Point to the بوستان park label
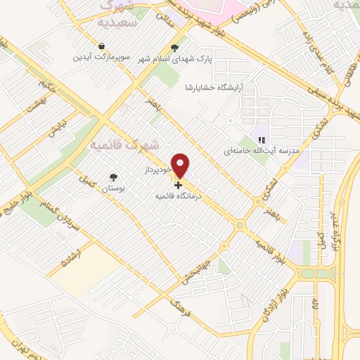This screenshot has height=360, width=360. (x=112, y=188)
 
